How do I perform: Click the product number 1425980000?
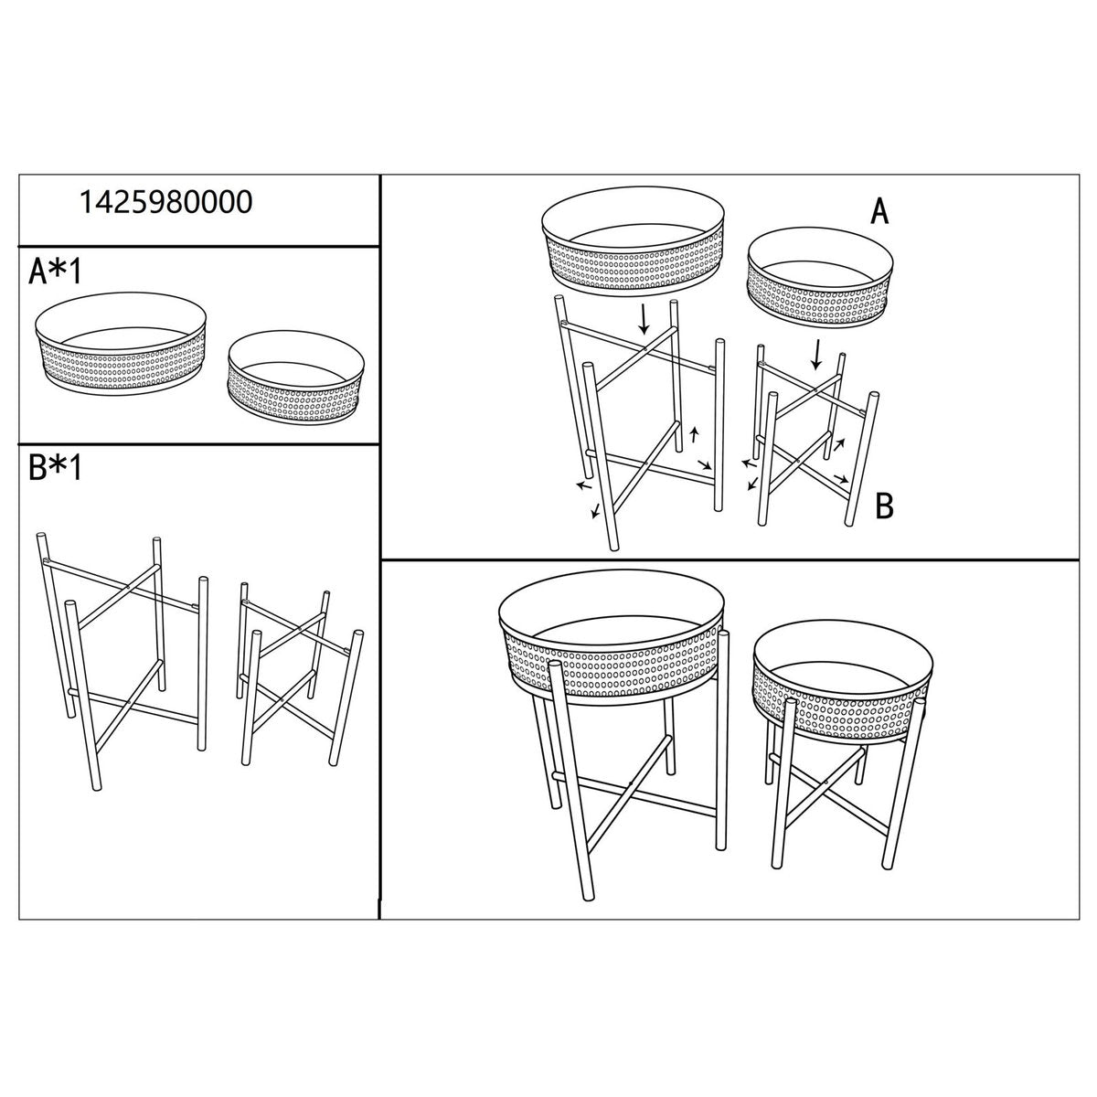[x=165, y=203]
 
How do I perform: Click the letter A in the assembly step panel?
[x=879, y=212]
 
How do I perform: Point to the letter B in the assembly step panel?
[x=884, y=505]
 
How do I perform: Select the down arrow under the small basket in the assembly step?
[x=816, y=354]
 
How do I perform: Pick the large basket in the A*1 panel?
[x=120, y=342]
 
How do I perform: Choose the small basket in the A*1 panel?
[x=295, y=377]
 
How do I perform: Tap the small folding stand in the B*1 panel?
[x=300, y=673]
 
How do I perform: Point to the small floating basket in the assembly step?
[x=820, y=280]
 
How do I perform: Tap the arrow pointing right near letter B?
[x=841, y=477]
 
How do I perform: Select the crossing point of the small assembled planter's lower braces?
[x=825, y=783]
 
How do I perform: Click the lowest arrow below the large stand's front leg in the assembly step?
[x=595, y=511]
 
